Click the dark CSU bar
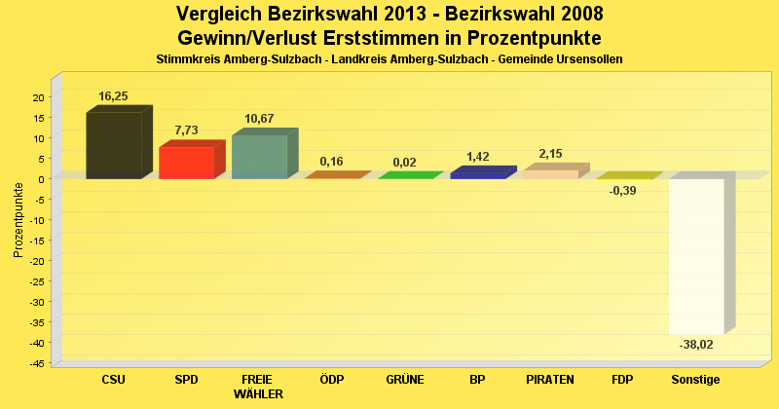(x=114, y=145)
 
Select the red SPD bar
(x=187, y=163)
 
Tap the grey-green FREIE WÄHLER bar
(x=259, y=157)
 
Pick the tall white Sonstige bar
(x=696, y=255)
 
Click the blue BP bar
(x=478, y=174)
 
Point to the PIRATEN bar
(x=551, y=173)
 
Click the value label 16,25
(x=114, y=97)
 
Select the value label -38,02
(x=695, y=344)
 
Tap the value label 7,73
(x=186, y=130)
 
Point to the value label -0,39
(x=622, y=191)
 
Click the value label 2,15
(x=550, y=154)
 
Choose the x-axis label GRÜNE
(x=404, y=379)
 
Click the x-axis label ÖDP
(x=331, y=379)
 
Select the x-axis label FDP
(x=623, y=379)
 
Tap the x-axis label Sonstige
(x=695, y=379)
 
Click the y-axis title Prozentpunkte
(x=18, y=220)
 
